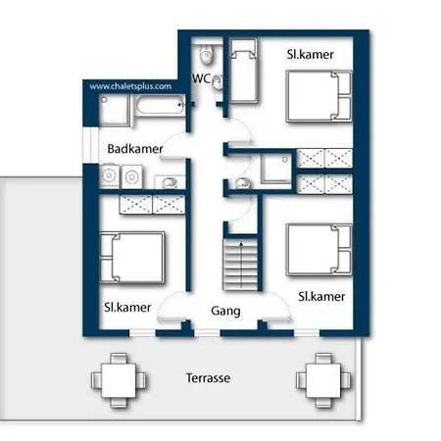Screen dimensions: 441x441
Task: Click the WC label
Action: pyautogui.click(x=201, y=78)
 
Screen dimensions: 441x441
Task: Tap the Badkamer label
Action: pyautogui.click(x=135, y=149)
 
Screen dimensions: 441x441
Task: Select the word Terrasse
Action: pyautogui.click(x=208, y=378)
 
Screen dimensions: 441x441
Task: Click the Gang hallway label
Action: pyautogui.click(x=225, y=311)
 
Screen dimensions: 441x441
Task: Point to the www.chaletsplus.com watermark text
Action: pyautogui.click(x=130, y=86)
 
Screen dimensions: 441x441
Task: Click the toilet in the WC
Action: pyautogui.click(x=207, y=55)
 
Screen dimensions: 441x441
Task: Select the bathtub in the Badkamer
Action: pyautogui.click(x=160, y=105)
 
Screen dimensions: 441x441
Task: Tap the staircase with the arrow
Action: pyautogui.click(x=241, y=265)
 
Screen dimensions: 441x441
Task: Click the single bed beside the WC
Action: pyautogui.click(x=244, y=71)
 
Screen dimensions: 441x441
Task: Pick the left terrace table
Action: pyautogui.click(x=119, y=380)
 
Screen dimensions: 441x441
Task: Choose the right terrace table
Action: pyautogui.click(x=323, y=380)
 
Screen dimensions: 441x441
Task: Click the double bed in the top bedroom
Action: pyautogui.click(x=318, y=96)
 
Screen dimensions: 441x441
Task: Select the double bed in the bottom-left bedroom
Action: pyautogui.click(x=131, y=258)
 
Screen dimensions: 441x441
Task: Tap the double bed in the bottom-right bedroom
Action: pyautogui.click(x=318, y=250)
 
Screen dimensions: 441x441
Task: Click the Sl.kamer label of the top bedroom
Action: pyautogui.click(x=311, y=54)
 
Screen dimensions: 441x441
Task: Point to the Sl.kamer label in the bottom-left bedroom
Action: pyautogui.click(x=127, y=308)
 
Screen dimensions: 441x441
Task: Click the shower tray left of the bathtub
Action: pyautogui.click(x=115, y=110)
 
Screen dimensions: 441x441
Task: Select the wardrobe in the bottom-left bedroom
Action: pyautogui.click(x=152, y=205)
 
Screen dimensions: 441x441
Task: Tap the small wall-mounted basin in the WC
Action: pyautogui.click(x=218, y=82)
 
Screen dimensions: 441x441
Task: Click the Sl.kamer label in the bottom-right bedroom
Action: pyautogui.click(x=321, y=297)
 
